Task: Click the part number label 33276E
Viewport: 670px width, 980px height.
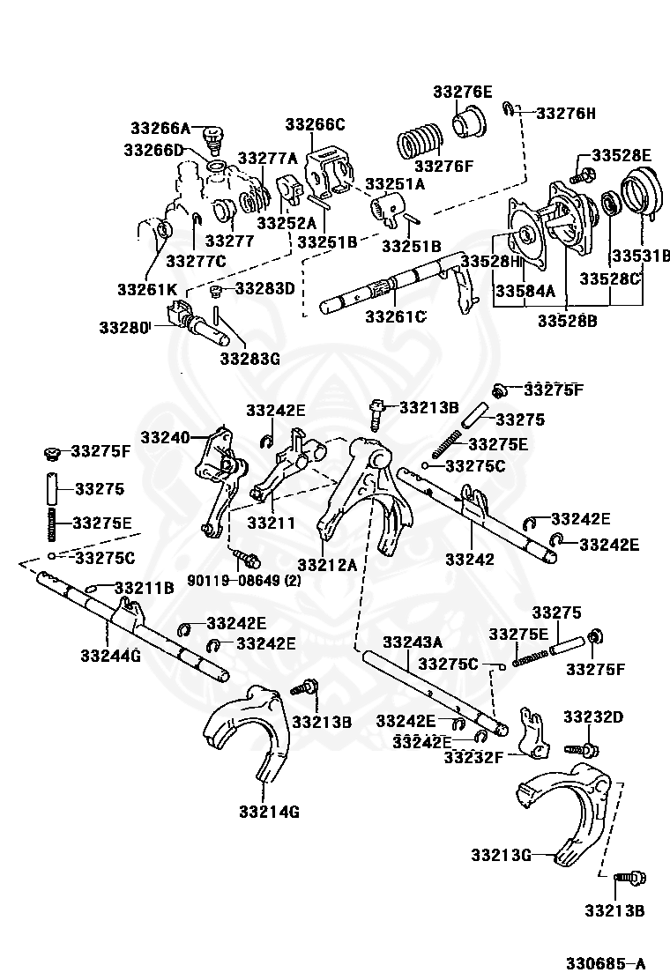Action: (x=463, y=92)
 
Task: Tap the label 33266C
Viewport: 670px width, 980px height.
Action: (x=315, y=124)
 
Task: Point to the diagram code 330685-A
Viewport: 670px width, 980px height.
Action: (x=606, y=962)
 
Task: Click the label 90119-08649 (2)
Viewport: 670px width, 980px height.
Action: (x=243, y=580)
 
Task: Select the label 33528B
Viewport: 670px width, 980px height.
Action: (x=567, y=321)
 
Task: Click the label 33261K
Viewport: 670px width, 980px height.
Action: (x=147, y=289)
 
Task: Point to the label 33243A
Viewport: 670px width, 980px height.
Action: (x=413, y=642)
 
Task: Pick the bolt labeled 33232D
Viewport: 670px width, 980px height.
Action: (x=581, y=748)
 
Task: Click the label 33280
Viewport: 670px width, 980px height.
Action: (x=123, y=327)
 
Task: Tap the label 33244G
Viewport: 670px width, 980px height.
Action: (x=110, y=656)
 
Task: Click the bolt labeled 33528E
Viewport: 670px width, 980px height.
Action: (x=581, y=174)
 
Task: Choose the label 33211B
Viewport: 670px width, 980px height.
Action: (x=144, y=588)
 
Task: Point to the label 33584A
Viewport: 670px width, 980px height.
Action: (x=525, y=291)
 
